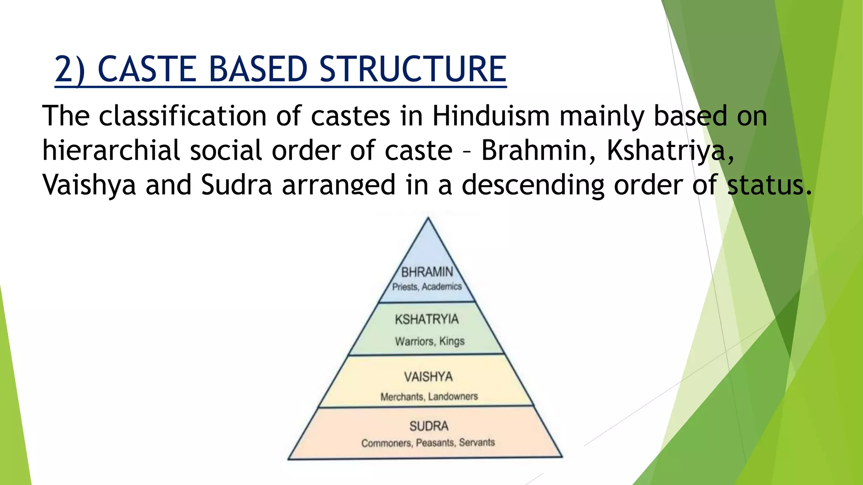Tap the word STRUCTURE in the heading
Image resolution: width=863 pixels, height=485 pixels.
pos(413,69)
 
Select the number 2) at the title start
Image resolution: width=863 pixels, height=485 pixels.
pos(70,69)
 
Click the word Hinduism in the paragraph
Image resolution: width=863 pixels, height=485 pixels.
pos(491,116)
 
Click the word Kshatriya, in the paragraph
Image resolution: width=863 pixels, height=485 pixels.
pos(670,150)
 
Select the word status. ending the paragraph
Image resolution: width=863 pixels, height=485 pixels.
pos(769,185)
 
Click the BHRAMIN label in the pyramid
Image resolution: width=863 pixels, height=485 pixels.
pos(427,272)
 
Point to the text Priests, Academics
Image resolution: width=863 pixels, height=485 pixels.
pos(427,287)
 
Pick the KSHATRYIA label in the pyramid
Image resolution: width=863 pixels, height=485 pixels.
pos(427,320)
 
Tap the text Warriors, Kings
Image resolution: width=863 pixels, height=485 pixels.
pos(430,341)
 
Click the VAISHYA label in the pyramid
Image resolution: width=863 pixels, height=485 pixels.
pos(429,376)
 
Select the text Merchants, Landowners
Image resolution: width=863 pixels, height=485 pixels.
pos(429,397)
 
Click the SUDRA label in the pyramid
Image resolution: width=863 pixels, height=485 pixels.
pos(429,426)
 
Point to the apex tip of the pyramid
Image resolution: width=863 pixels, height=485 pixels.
pos(428,219)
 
